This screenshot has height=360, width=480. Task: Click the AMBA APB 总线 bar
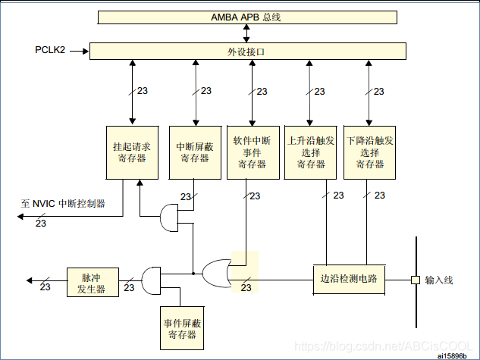[246, 17]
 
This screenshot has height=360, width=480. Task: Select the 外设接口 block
[247, 52]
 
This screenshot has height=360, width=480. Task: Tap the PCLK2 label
[50, 51]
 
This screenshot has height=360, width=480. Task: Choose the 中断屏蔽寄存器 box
[196, 152]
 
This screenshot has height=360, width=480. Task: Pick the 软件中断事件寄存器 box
[252, 152]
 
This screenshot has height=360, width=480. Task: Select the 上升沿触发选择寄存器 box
[310, 152]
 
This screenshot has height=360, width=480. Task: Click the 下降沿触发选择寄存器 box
[369, 152]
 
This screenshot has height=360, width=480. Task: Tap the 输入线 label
[438, 280]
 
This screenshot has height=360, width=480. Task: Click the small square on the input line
[415, 280]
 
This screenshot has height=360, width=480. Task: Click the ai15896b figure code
[453, 353]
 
